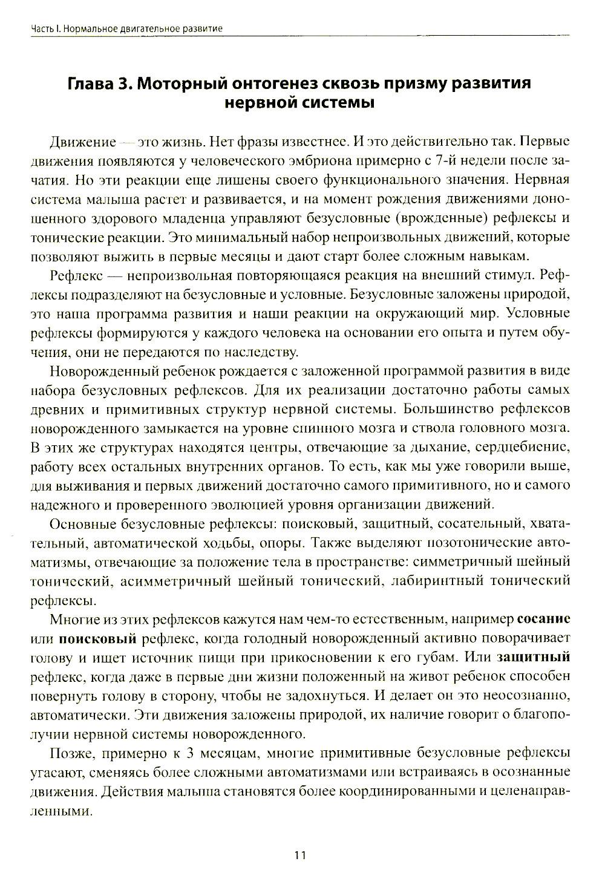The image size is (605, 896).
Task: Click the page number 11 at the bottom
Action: tap(301, 855)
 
